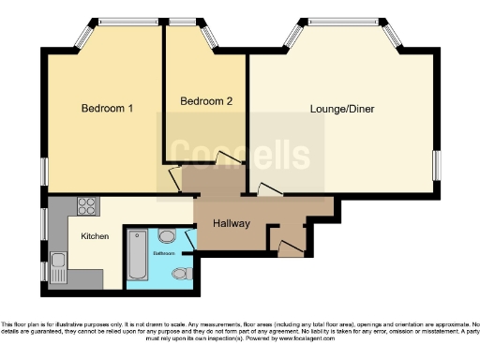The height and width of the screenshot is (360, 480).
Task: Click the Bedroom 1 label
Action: tap(107, 109)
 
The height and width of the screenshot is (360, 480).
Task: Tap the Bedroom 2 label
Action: tap(206, 100)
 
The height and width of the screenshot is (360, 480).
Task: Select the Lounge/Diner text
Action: tap(342, 109)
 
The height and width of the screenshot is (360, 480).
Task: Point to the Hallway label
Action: tap(230, 224)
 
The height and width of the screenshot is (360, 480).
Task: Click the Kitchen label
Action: tap(96, 236)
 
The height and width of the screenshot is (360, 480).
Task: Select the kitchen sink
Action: tap(58, 266)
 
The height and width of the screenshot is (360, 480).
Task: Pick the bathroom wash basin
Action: tap(168, 237)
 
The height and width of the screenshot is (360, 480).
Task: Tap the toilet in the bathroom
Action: tap(182, 273)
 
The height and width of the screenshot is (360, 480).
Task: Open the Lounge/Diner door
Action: tap(269, 190)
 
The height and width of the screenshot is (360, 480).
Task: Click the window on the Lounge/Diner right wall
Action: tap(437, 163)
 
